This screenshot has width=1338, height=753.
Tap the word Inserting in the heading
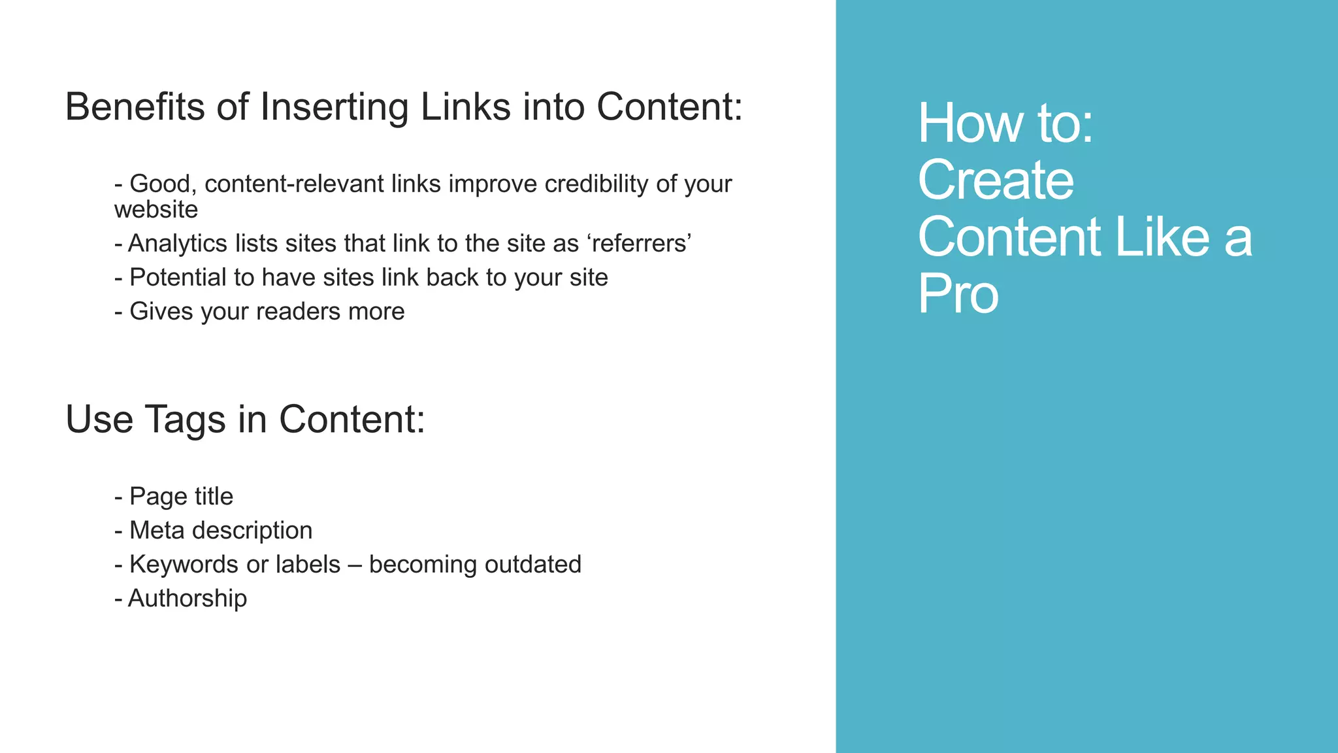(x=334, y=107)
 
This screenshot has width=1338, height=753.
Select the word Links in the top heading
(x=465, y=107)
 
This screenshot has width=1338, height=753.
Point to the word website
(x=156, y=210)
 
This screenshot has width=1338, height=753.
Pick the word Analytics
(x=177, y=244)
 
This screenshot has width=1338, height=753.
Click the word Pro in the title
(x=958, y=293)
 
